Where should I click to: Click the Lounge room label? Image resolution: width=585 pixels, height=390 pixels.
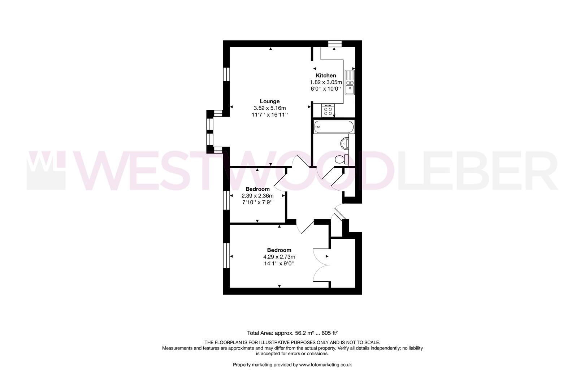click(269, 101)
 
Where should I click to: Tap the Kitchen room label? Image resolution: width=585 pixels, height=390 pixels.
click(326, 75)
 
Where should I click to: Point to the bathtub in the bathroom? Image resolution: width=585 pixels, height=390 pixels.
click(334, 127)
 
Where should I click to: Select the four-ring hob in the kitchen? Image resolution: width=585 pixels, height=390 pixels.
click(328, 110)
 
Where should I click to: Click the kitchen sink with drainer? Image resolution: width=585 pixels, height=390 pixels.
click(350, 82)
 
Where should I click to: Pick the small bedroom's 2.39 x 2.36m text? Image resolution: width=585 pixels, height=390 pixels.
click(257, 196)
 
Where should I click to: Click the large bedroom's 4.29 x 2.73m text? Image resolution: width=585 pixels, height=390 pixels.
click(279, 257)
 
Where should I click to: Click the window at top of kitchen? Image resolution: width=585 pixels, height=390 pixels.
click(335, 44)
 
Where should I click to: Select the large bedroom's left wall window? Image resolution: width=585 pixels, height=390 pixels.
click(226, 255)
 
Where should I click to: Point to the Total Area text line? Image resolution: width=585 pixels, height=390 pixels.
click(292, 333)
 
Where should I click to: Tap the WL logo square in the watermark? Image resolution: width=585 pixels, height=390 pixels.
click(46, 170)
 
